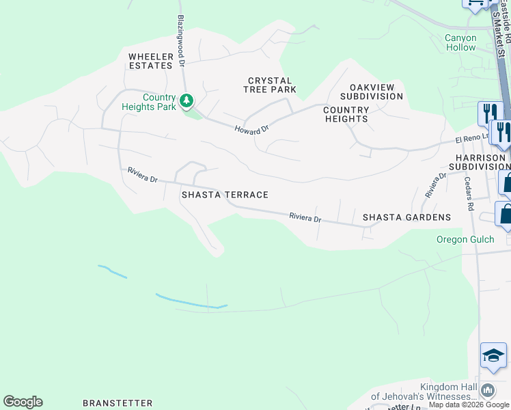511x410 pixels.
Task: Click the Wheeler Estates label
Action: click(150, 61)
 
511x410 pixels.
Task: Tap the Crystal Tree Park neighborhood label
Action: click(271, 85)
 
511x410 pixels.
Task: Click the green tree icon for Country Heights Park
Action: click(187, 102)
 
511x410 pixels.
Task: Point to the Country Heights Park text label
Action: click(149, 102)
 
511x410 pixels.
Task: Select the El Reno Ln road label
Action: click(473, 139)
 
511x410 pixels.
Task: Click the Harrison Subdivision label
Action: click(479, 162)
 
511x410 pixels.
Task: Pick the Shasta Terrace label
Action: click(225, 195)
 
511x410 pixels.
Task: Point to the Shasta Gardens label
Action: click(406, 217)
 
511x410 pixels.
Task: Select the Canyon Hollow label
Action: click(460, 43)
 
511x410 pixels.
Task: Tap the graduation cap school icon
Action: click(493, 355)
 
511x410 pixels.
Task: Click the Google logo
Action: click(23, 402)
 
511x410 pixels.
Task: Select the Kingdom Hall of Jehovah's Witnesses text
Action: click(424, 392)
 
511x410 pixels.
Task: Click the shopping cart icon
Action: click(475, 3)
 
